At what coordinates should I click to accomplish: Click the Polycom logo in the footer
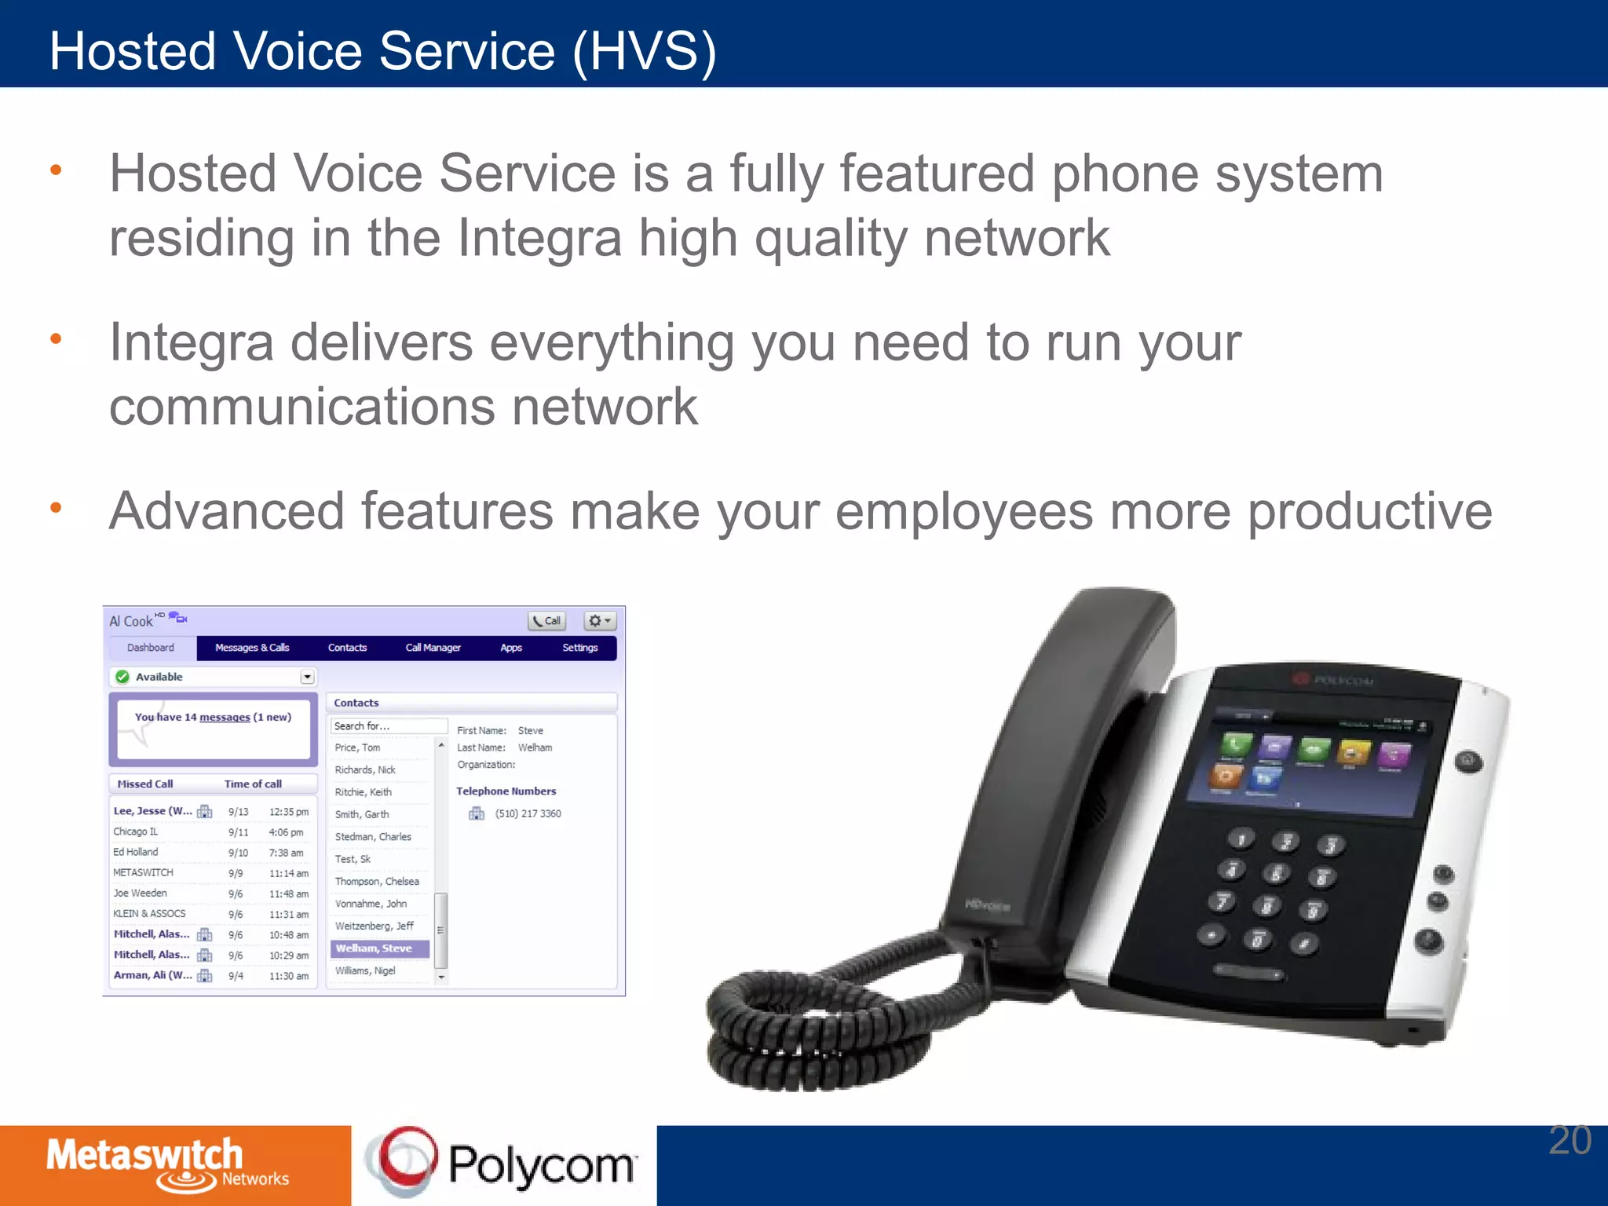(x=502, y=1164)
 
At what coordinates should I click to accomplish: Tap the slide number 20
(x=1570, y=1141)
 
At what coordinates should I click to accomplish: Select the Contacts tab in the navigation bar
(x=347, y=648)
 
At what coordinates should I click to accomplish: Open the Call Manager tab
(x=433, y=648)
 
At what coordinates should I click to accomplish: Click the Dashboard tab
(x=151, y=648)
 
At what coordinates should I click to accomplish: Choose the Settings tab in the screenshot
(x=579, y=648)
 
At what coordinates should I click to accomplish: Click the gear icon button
(x=599, y=621)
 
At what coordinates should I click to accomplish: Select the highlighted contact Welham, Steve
(x=374, y=948)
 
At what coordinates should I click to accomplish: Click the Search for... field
(x=389, y=726)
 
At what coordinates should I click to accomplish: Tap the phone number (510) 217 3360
(x=528, y=813)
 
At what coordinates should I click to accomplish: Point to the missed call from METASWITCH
(x=144, y=872)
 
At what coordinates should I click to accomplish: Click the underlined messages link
(x=225, y=717)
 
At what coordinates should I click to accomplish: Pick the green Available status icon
(x=122, y=677)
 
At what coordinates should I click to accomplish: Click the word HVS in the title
(x=644, y=52)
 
